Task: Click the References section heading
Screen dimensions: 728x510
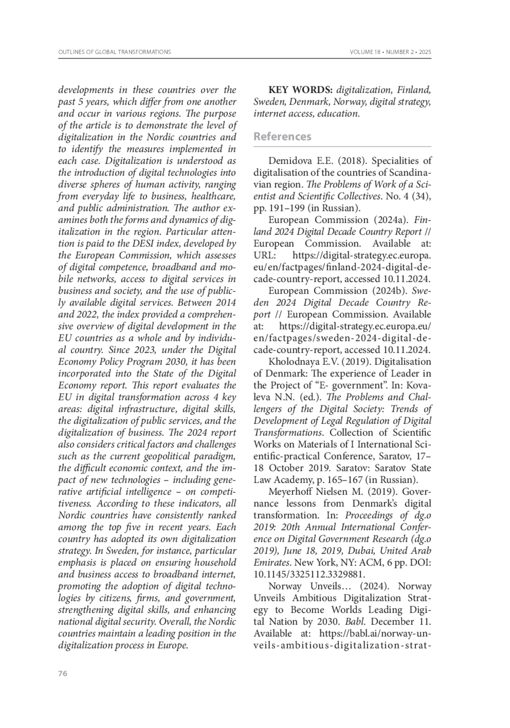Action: (282, 136)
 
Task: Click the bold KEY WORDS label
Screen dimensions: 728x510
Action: (300, 90)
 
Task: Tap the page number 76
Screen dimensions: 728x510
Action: (62, 674)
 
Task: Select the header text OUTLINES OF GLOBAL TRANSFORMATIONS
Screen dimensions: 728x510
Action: (114, 52)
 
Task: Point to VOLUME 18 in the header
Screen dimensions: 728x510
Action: (365, 52)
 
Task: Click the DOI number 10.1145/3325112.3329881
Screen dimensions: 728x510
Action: (309, 575)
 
